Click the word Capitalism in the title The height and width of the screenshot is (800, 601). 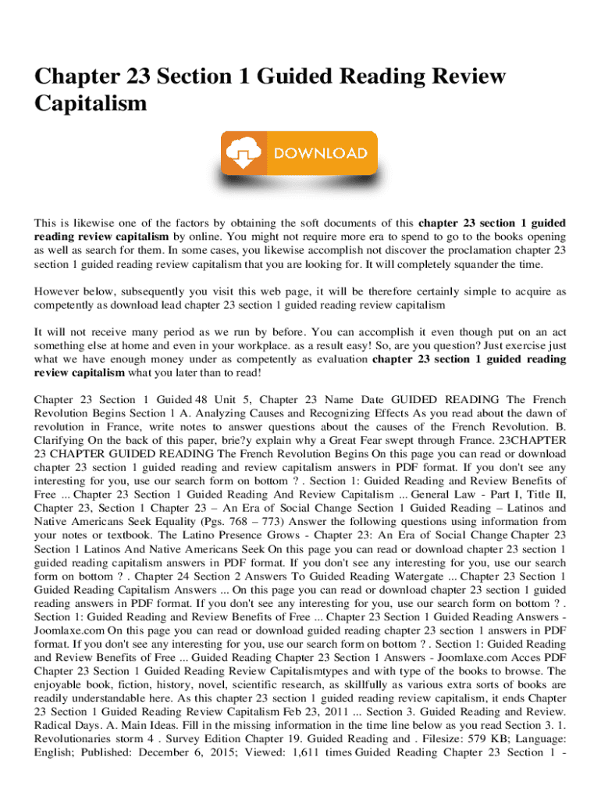click(x=91, y=102)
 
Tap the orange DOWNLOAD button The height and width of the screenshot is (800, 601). click(x=299, y=153)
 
